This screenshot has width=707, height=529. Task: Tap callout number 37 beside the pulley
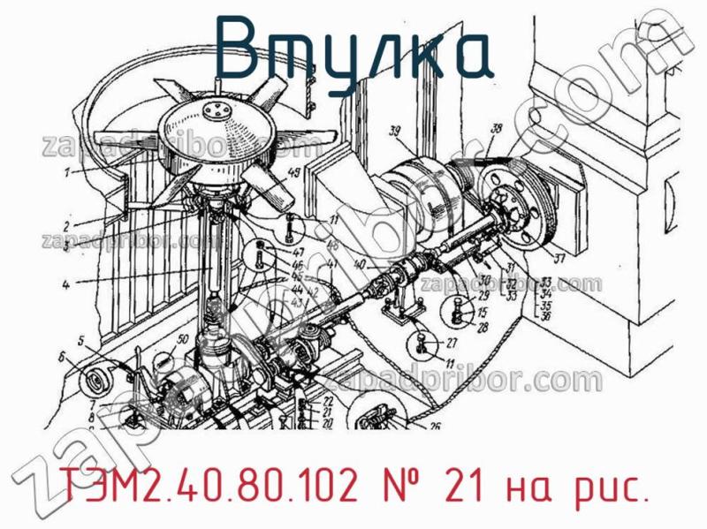pos(558,260)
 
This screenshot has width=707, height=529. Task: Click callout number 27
pos(451,344)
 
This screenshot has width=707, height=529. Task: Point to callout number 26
pos(434,427)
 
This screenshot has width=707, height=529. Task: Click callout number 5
pos(79,340)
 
